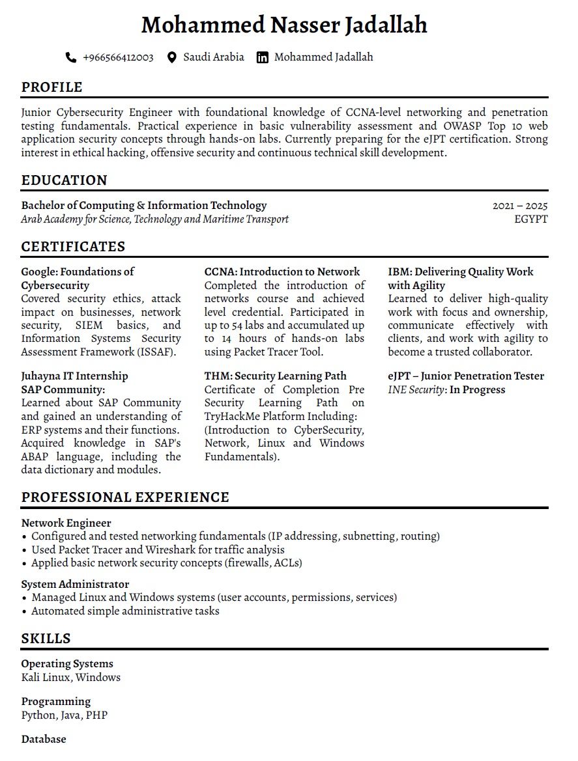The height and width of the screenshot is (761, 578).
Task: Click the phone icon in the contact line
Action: click(x=71, y=57)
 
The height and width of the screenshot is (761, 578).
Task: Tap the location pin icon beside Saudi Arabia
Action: click(x=172, y=57)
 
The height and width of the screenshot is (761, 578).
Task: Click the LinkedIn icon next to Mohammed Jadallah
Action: click(x=263, y=57)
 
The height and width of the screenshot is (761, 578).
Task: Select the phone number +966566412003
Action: click(x=118, y=57)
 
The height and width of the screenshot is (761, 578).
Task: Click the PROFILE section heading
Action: click(x=51, y=87)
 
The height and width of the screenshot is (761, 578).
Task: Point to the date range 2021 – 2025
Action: click(x=520, y=206)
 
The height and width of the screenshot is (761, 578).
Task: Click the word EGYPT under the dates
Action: click(x=530, y=219)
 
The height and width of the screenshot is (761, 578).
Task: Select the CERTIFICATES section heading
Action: click(x=73, y=247)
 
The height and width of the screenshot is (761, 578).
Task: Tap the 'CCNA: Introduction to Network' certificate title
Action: click(x=282, y=272)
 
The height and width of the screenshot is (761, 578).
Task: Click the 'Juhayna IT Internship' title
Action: click(x=74, y=376)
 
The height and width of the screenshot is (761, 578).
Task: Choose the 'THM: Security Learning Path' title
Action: click(x=276, y=376)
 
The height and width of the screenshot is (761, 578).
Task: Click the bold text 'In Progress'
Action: click(x=477, y=390)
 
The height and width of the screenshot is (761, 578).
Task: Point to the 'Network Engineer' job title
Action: click(x=66, y=523)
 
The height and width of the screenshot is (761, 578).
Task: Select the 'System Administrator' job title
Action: click(x=75, y=584)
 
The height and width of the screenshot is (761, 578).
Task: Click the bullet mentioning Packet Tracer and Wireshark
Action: click(x=158, y=549)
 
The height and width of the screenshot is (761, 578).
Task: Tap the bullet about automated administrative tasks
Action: click(x=125, y=611)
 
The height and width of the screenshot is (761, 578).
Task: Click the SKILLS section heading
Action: click(x=46, y=639)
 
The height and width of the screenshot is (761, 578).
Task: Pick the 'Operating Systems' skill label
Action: click(x=67, y=664)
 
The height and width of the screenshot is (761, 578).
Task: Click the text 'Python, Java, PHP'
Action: click(x=64, y=715)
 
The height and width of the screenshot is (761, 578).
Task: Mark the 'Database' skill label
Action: click(x=44, y=740)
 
